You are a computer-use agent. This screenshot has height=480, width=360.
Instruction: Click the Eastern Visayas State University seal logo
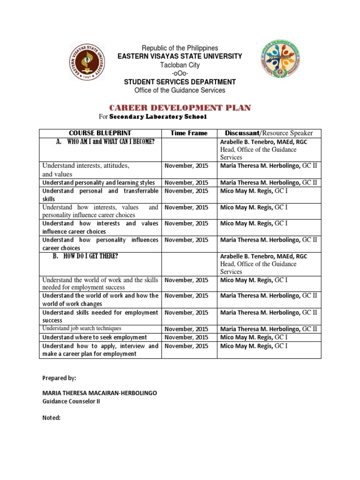coord(88,63)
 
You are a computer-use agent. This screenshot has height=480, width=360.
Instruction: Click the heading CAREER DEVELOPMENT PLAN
coord(180,108)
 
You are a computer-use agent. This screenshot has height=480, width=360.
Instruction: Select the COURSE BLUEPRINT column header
coord(100,133)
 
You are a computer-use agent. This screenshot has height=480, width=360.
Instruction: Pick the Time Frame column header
coord(188,133)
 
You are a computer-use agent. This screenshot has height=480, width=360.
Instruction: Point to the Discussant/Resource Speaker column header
coord(269,133)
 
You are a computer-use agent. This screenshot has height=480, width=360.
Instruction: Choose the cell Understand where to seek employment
coord(95,337)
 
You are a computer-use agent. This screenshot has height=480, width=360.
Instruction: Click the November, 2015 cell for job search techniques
coord(187,329)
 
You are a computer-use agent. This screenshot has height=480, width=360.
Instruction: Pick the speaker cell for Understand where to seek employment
coord(254,337)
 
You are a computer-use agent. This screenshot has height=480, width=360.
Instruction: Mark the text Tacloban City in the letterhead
coord(180,65)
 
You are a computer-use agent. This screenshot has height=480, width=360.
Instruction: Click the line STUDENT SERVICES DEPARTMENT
coord(180,82)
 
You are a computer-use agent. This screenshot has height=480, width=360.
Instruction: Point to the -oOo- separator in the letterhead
coord(180,73)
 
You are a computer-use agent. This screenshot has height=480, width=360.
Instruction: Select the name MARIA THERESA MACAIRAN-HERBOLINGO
coord(99,393)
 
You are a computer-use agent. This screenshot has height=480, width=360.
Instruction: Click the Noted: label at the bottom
coord(52,417)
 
